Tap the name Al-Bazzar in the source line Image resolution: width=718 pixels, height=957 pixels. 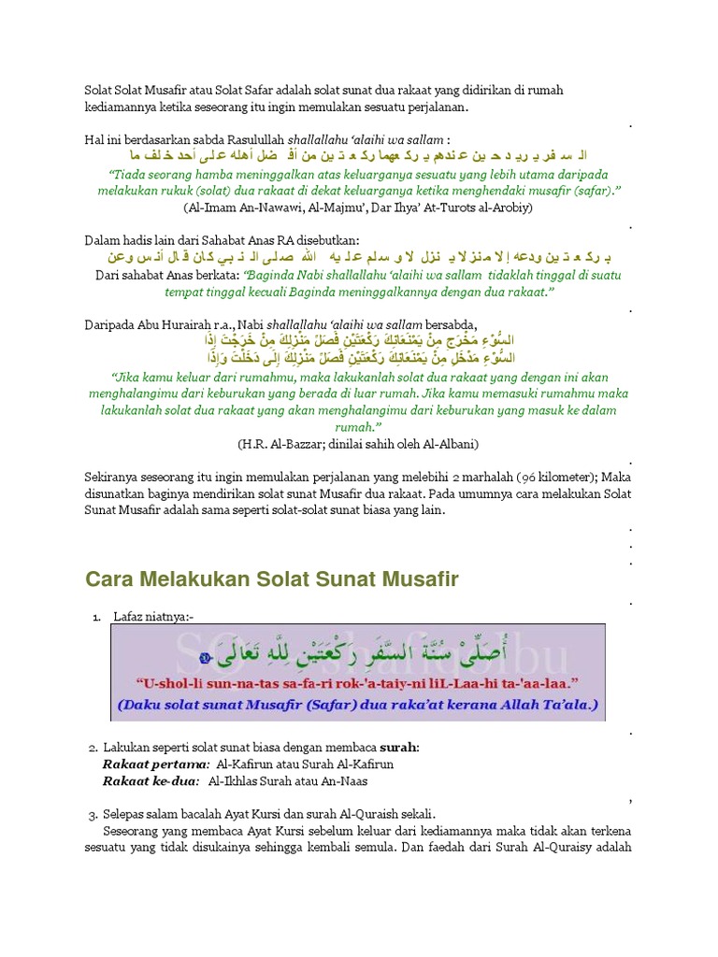click(x=288, y=443)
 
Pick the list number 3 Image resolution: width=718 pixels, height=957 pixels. click(x=93, y=814)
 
